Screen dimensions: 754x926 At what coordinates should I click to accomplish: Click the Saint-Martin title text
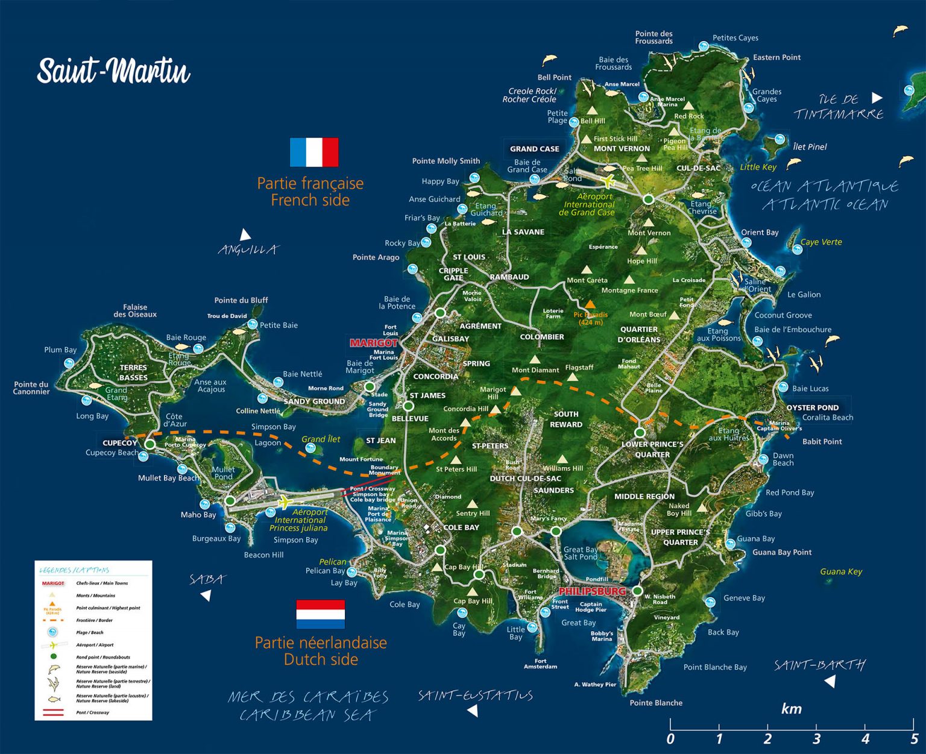click(x=113, y=71)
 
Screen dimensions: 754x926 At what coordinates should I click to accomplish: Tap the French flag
click(x=313, y=152)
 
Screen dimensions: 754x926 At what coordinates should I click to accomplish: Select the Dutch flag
click(x=320, y=614)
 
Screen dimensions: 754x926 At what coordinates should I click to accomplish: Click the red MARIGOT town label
click(x=373, y=343)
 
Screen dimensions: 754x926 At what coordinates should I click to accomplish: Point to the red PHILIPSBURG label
click(x=592, y=591)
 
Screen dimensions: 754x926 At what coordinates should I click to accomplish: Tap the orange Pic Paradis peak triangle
click(x=590, y=305)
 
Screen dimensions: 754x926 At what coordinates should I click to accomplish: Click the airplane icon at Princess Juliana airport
click(x=284, y=501)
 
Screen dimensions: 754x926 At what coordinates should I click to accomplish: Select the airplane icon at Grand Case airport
click(x=608, y=180)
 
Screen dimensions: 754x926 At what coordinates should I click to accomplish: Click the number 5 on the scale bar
click(x=914, y=739)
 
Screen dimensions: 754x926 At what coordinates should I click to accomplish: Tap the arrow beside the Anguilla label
click(x=245, y=234)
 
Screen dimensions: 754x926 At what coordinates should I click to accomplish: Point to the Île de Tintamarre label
click(x=838, y=107)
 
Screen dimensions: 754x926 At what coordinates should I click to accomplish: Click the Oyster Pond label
click(x=812, y=407)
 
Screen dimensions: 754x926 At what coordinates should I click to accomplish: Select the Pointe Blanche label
click(x=656, y=703)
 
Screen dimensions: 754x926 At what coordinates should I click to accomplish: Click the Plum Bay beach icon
click(x=69, y=363)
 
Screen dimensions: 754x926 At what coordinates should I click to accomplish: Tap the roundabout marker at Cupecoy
click(x=150, y=444)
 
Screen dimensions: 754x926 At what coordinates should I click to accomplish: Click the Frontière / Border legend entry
click(x=94, y=620)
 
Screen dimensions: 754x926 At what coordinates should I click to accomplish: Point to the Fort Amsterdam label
click(x=540, y=664)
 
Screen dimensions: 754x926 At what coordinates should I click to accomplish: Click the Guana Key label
click(x=841, y=571)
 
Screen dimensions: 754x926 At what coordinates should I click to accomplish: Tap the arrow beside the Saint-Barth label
click(x=830, y=681)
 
